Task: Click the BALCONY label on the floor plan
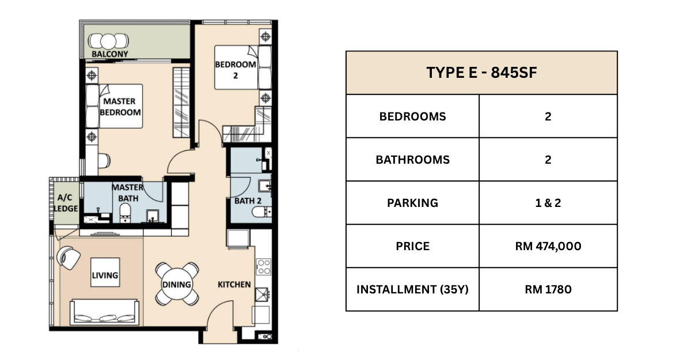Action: (x=110, y=54)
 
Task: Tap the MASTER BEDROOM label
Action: (x=120, y=107)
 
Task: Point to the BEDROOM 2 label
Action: (x=236, y=70)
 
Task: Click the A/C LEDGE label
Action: (x=66, y=203)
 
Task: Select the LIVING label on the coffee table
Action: (x=105, y=275)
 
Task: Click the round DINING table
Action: (x=177, y=284)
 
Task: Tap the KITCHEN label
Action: (x=234, y=284)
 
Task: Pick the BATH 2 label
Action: (x=248, y=201)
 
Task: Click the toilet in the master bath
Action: (x=126, y=213)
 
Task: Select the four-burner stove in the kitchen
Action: (x=263, y=267)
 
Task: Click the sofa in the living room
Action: (x=104, y=312)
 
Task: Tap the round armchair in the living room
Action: (x=68, y=258)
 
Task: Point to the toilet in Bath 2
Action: (x=261, y=212)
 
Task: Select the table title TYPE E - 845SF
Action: (x=481, y=73)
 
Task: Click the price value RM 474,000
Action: (x=548, y=246)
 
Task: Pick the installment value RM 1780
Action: (x=548, y=289)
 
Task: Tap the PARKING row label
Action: (x=412, y=203)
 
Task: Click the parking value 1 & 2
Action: (x=548, y=203)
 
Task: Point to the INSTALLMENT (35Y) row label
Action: (x=412, y=289)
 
